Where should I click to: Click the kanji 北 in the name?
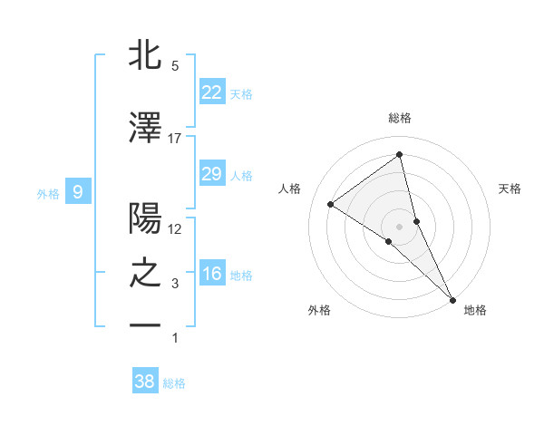tap(145, 56)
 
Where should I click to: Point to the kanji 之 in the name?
tap(145, 273)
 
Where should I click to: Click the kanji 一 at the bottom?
tap(145, 324)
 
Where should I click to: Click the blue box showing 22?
tap(211, 92)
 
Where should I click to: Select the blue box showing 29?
tap(211, 174)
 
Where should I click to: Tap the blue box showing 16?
tap(211, 274)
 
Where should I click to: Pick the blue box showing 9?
tap(78, 191)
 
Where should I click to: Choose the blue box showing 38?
tap(144, 382)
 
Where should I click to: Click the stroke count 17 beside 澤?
tap(174, 138)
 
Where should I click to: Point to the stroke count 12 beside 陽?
tap(174, 228)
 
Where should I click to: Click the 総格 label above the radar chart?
tap(399, 118)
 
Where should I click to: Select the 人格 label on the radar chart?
tap(290, 189)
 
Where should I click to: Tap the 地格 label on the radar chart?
tap(475, 310)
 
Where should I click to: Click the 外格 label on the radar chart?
tap(319, 310)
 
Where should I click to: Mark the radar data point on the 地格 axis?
tap(452, 298)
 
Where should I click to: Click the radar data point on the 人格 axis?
tap(331, 204)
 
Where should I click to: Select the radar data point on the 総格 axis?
tap(399, 154)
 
